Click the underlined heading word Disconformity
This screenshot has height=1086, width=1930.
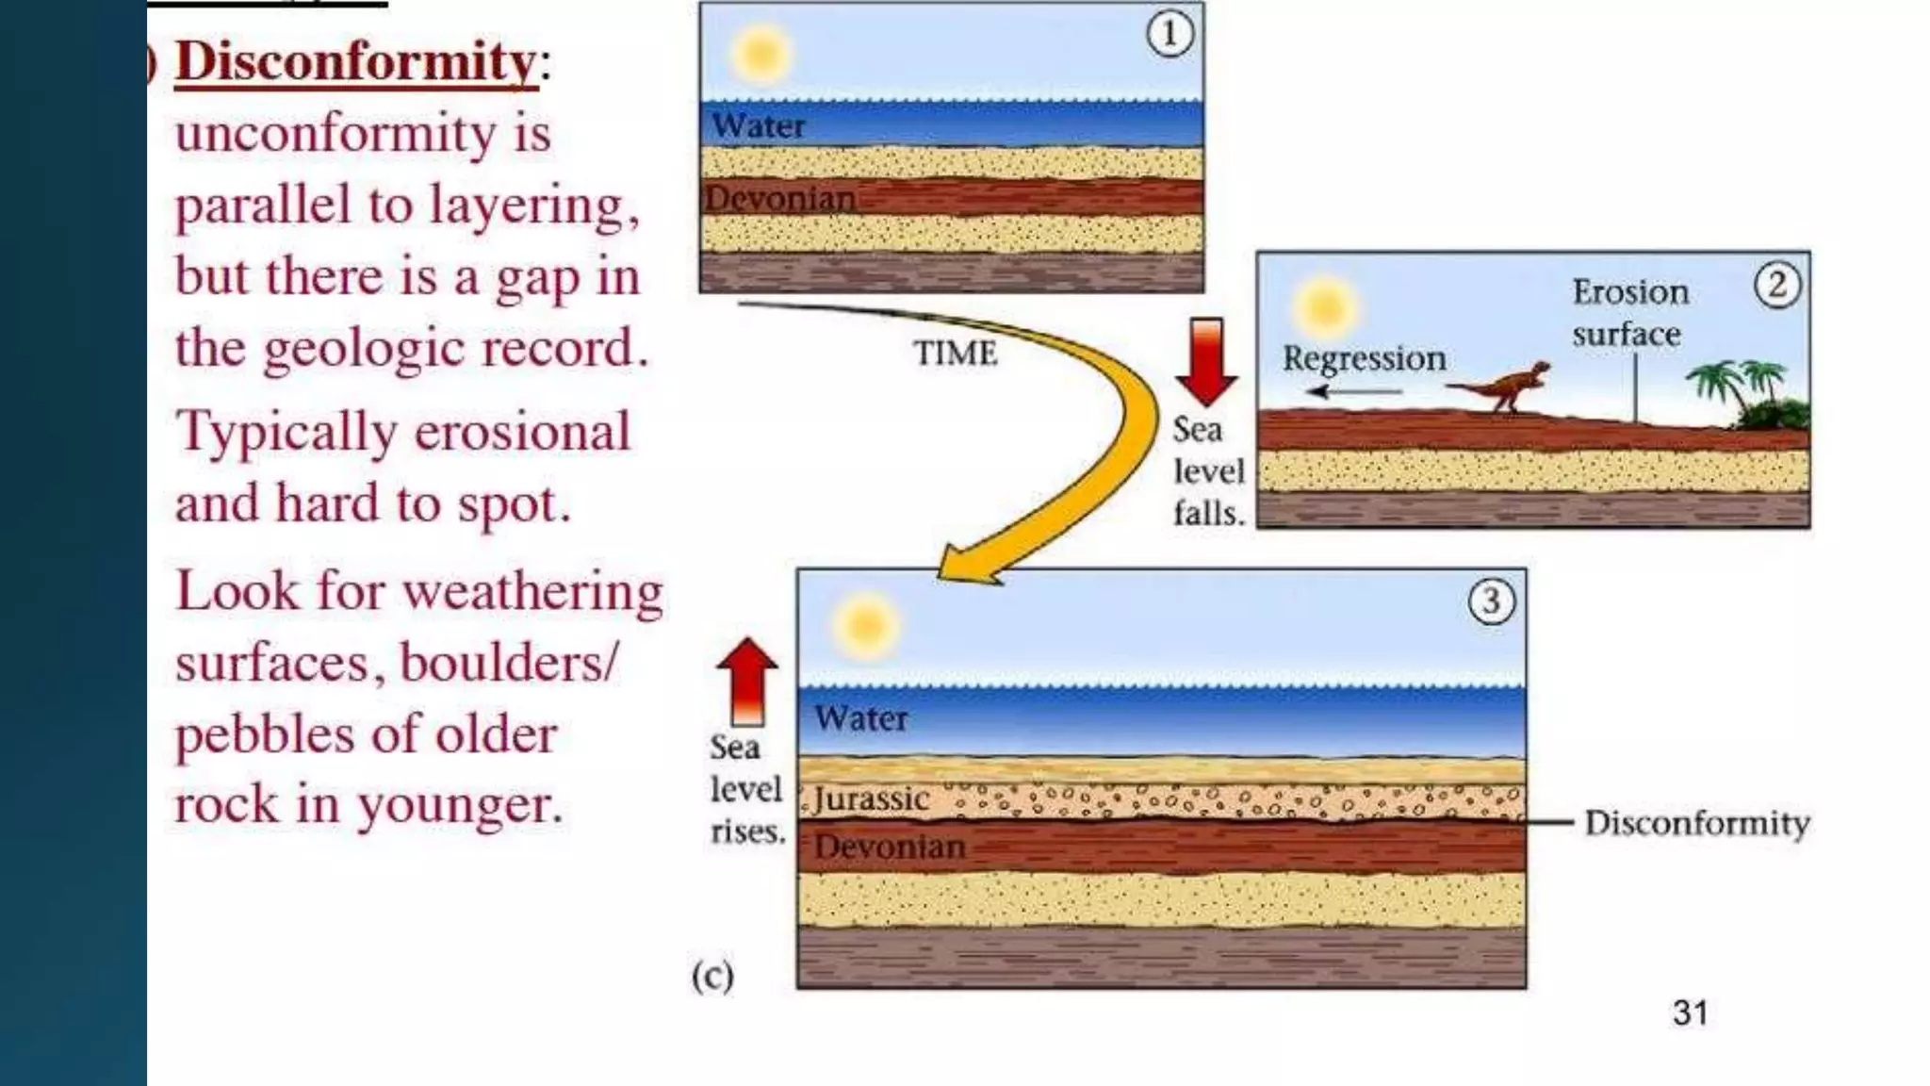click(356, 62)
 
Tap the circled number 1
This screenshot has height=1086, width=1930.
click(1169, 35)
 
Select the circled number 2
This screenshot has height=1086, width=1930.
click(1777, 285)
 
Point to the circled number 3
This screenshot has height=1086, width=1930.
click(1492, 601)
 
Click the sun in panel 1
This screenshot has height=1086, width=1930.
click(761, 54)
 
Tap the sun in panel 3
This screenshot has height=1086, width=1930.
click(866, 626)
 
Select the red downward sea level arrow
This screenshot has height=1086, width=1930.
click(1206, 361)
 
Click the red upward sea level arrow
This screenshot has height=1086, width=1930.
click(747, 681)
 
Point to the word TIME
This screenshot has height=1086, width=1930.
click(956, 354)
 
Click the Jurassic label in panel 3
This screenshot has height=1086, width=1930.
click(872, 799)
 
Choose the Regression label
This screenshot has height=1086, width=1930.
click(1364, 359)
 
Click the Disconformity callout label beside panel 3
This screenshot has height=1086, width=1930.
click(1696, 823)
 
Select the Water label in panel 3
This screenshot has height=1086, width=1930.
click(861, 718)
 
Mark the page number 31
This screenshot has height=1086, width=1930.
click(1690, 1013)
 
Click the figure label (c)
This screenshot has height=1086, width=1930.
click(712, 976)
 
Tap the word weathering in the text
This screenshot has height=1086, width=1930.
click(532, 593)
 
